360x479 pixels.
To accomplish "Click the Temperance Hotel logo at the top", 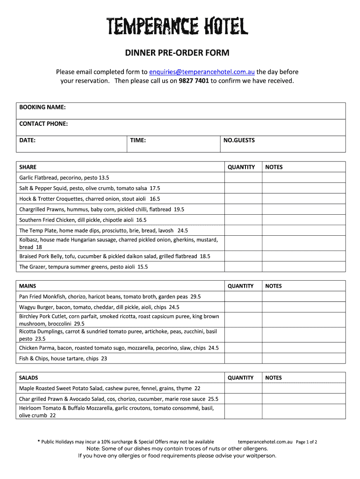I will pos(177,26).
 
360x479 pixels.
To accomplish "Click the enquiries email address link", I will pos(202,72).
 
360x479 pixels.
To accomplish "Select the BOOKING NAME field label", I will pos(42,108).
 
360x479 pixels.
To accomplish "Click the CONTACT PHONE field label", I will pos(43,124).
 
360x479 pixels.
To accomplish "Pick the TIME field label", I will pos(138,140).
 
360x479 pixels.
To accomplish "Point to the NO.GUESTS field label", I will pos(239,140).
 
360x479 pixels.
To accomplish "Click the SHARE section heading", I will pos(28,167).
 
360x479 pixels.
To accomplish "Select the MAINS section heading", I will pos(28,286).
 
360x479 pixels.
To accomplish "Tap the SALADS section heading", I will pos(29,377).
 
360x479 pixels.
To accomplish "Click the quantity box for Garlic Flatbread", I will pos(243,178).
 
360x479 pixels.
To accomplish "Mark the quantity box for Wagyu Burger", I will pos(243,307).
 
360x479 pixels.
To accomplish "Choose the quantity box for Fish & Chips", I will pos(243,359).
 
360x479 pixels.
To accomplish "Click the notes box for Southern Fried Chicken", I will pos(303,220).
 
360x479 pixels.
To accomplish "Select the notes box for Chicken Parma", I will pos(303,348).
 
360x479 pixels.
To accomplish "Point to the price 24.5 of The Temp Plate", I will pos(183,231).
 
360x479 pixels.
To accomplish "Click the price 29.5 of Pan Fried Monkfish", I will pos(195,297).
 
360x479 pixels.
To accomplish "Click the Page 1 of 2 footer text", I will pos(307,442).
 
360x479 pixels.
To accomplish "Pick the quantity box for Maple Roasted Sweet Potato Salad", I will pos(243,388).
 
